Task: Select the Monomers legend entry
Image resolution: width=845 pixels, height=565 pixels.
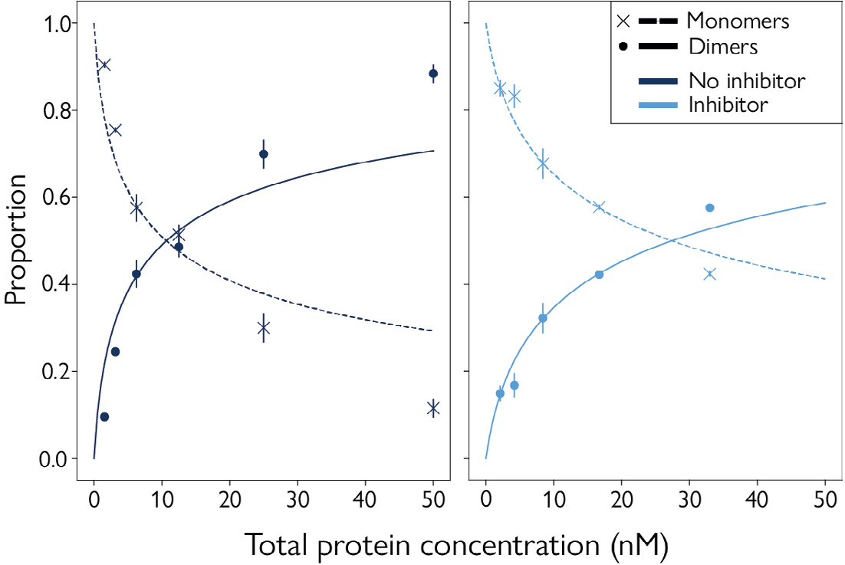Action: [x=737, y=21]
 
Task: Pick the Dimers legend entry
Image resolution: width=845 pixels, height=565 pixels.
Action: [x=722, y=47]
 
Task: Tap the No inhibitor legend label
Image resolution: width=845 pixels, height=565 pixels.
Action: [x=746, y=80]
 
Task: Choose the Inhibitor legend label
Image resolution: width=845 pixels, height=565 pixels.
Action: [x=727, y=104]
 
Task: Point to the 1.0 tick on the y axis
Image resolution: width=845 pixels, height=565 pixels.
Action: [x=52, y=24]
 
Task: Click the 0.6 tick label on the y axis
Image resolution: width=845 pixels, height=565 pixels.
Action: [x=52, y=198]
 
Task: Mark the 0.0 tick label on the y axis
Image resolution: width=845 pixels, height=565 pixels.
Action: [x=52, y=458]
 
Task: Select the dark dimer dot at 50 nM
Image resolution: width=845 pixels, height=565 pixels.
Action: [x=433, y=74]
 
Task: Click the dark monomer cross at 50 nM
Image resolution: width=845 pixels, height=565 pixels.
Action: [x=433, y=408]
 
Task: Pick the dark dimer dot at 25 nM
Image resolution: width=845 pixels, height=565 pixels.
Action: [x=264, y=154]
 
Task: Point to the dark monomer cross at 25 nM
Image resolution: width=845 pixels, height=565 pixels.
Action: [x=264, y=328]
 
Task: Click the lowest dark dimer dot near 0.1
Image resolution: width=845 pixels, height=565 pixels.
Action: [x=104, y=417]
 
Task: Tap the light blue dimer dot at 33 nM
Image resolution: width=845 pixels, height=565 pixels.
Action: [x=709, y=208]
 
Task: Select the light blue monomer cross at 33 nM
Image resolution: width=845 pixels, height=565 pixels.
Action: [x=709, y=274]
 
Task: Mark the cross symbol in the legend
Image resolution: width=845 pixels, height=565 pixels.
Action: [x=623, y=21]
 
